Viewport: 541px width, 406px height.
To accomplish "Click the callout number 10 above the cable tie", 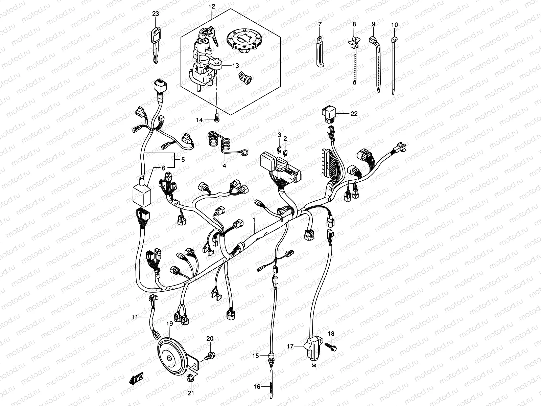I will pyautogui.click(x=395, y=25).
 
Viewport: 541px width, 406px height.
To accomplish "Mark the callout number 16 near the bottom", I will pyautogui.click(x=257, y=386).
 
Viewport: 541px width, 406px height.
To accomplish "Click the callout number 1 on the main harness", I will pyautogui.click(x=254, y=220).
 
